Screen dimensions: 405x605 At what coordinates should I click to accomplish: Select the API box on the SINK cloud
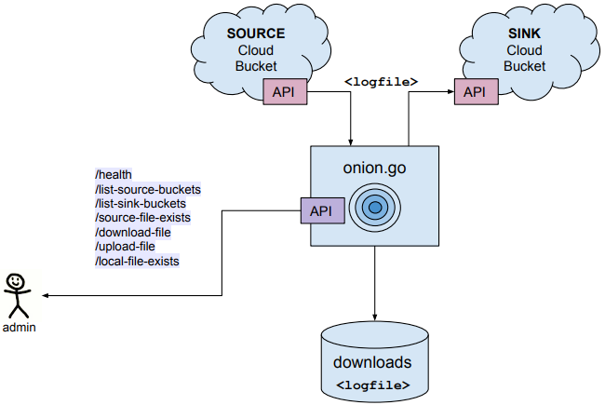(475, 91)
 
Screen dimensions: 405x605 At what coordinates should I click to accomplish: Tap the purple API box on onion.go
(321, 210)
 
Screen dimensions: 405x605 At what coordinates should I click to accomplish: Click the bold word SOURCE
(256, 34)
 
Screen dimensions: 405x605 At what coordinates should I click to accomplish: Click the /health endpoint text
(114, 174)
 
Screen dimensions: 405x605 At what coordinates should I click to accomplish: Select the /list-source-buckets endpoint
(148, 189)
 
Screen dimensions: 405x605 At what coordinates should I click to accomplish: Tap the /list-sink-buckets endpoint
(141, 203)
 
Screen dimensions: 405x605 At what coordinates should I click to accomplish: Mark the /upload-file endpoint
(125, 247)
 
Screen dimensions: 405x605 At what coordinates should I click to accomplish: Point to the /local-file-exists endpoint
(137, 262)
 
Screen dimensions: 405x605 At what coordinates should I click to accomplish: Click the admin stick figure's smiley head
(17, 281)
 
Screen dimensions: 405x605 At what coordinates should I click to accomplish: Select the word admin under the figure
(19, 328)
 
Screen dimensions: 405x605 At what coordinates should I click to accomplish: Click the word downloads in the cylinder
(372, 362)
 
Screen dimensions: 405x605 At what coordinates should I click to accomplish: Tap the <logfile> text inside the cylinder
(372, 384)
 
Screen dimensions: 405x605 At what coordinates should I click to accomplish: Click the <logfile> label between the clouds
(381, 81)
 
